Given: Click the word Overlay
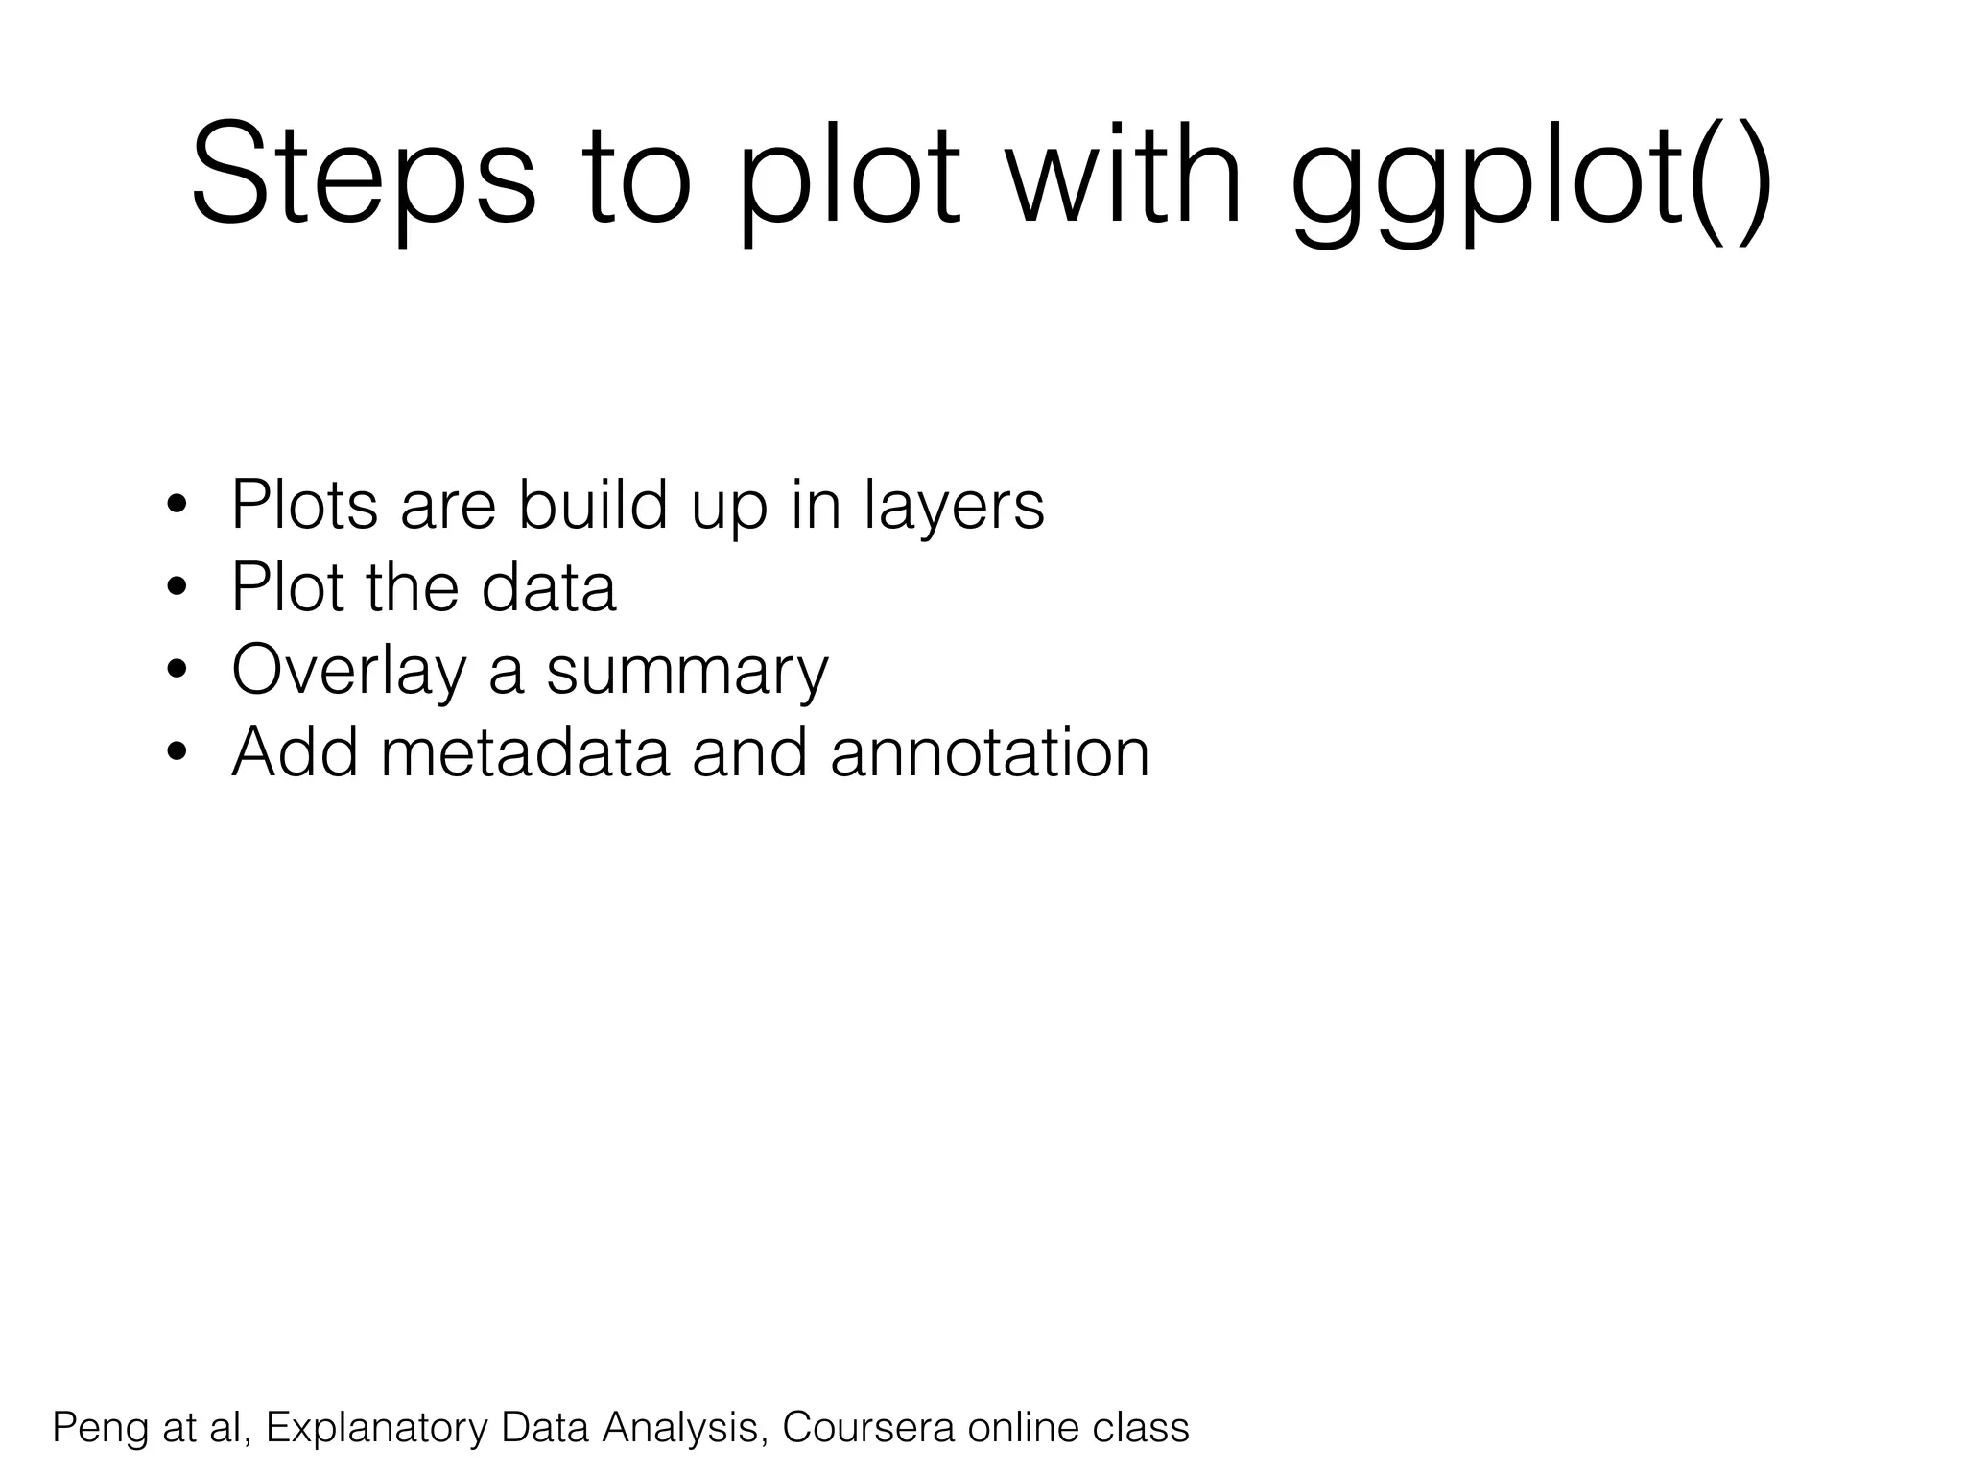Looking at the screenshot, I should point(348,671).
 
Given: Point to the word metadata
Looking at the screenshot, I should point(524,752).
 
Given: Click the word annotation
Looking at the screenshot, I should point(989,752).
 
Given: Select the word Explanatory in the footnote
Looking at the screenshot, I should point(376,1428).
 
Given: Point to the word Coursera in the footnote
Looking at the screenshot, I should point(867,1427).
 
